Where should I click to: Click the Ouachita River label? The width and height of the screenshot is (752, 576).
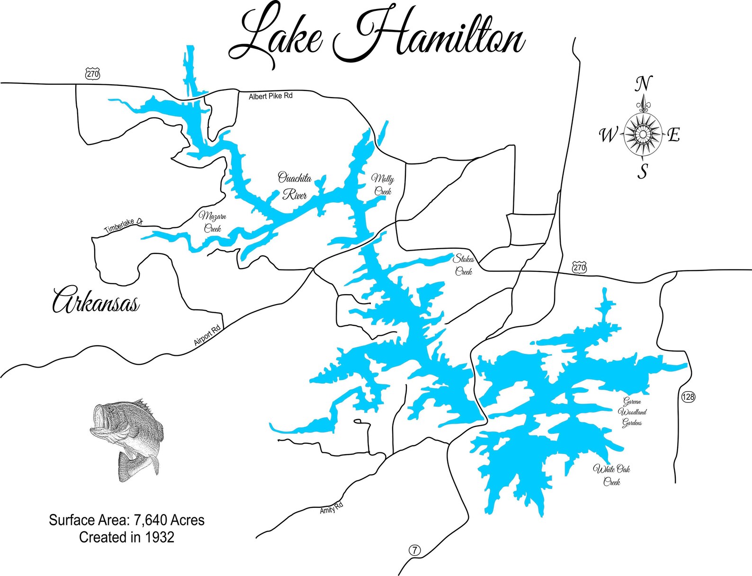(x=294, y=187)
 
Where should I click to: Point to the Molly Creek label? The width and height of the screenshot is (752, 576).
(x=383, y=185)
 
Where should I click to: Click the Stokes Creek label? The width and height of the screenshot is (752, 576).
(x=464, y=265)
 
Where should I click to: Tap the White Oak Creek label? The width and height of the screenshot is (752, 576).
(x=611, y=475)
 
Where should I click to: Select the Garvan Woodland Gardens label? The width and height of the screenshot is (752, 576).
(x=632, y=412)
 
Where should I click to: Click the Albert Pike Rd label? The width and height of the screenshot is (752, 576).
(x=270, y=96)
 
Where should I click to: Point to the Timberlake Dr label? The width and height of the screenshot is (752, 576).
(x=123, y=226)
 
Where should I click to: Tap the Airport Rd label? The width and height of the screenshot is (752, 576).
(x=207, y=336)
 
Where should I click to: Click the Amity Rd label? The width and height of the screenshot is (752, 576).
(x=331, y=508)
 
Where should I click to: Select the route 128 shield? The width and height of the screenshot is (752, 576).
(x=688, y=397)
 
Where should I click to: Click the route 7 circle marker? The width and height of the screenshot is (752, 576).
(x=414, y=550)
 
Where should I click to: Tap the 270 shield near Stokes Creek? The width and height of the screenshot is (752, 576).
(x=579, y=268)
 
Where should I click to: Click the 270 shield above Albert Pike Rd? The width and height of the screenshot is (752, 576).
(x=93, y=74)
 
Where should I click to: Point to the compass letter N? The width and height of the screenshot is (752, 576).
(x=642, y=84)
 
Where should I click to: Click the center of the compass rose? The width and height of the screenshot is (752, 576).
(x=643, y=135)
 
